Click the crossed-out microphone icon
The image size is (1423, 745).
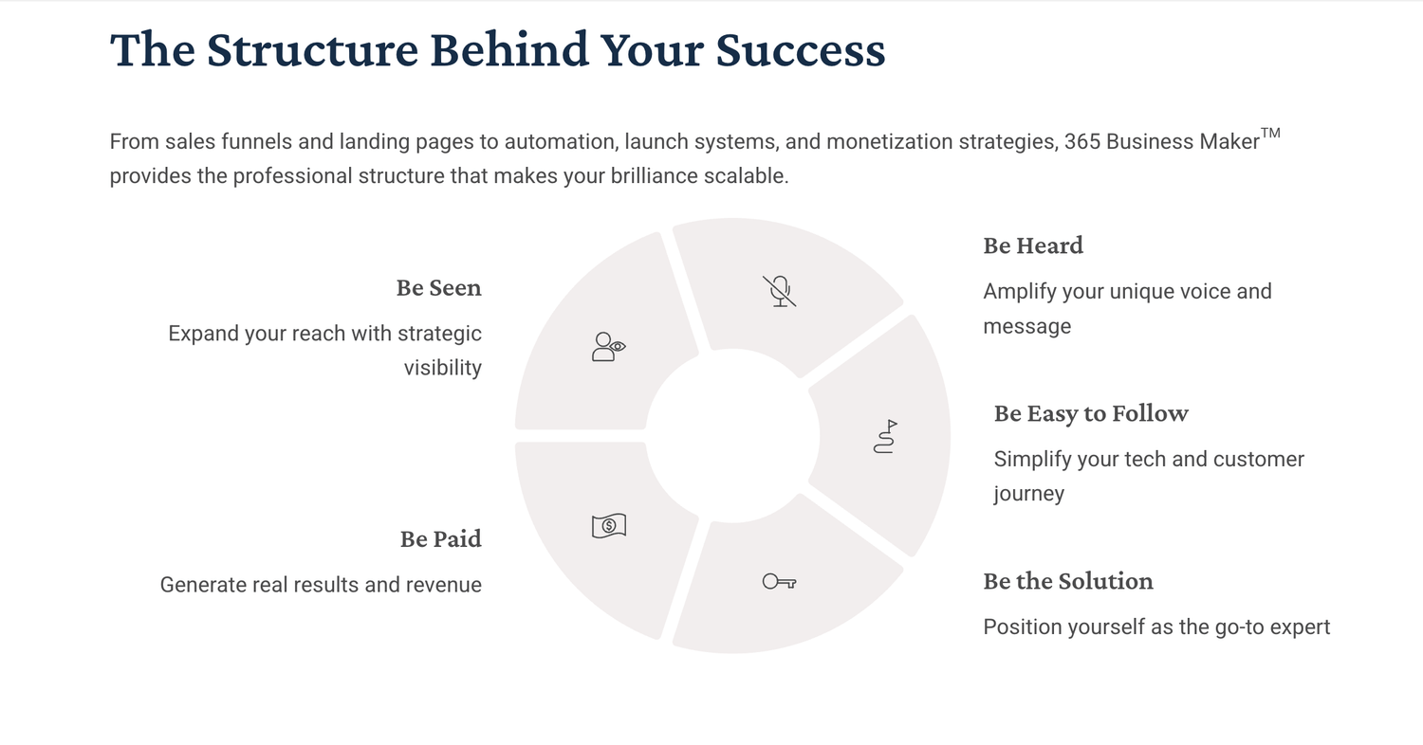click(x=780, y=291)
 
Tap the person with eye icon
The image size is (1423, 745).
click(x=609, y=347)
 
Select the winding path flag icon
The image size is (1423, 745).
click(x=885, y=437)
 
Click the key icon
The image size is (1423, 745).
click(x=780, y=581)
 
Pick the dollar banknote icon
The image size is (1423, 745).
click(x=609, y=525)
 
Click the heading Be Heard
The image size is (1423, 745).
click(x=1033, y=245)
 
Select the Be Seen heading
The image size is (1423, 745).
click(x=439, y=287)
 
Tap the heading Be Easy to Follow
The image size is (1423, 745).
click(x=1091, y=413)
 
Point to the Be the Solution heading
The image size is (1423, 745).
click(x=1068, y=581)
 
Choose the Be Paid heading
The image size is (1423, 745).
click(x=441, y=538)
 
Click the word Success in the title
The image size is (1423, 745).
click(x=801, y=49)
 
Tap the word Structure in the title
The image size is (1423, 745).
click(x=312, y=49)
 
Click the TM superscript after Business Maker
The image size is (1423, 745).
click(x=1270, y=134)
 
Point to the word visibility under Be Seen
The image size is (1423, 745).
click(x=443, y=368)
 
